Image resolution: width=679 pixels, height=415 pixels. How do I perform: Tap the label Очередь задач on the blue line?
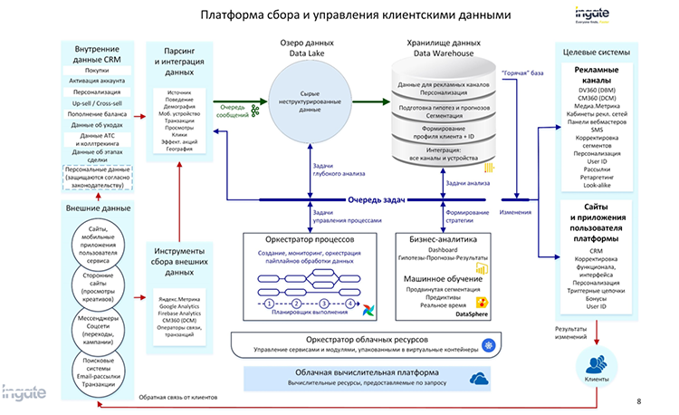375,199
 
